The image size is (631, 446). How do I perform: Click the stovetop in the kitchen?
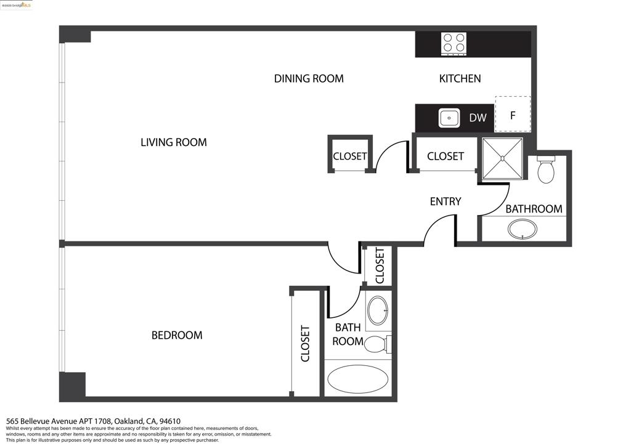[x=454, y=44]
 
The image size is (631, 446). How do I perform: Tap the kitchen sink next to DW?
[x=449, y=118]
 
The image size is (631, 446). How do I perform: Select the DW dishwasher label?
[x=478, y=118]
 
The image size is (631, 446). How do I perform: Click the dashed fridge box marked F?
[x=513, y=114]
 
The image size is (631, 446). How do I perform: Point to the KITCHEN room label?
[x=460, y=78]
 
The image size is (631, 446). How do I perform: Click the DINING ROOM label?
[x=309, y=78]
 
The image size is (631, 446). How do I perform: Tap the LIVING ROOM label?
[x=173, y=142]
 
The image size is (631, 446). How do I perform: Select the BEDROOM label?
[x=177, y=335]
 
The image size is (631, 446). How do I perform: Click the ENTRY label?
[x=445, y=201]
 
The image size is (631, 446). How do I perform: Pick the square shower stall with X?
[x=502, y=158]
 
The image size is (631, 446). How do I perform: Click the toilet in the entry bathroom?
[x=546, y=169]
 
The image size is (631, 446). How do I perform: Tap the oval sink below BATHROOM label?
[x=523, y=229]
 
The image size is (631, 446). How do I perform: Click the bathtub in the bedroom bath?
[x=358, y=379]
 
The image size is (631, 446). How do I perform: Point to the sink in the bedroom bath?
[x=378, y=310]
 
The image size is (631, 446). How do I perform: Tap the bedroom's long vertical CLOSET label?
[x=305, y=344]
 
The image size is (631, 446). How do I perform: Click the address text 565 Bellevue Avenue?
[x=41, y=421]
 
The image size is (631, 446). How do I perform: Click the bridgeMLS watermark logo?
[x=16, y=5]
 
